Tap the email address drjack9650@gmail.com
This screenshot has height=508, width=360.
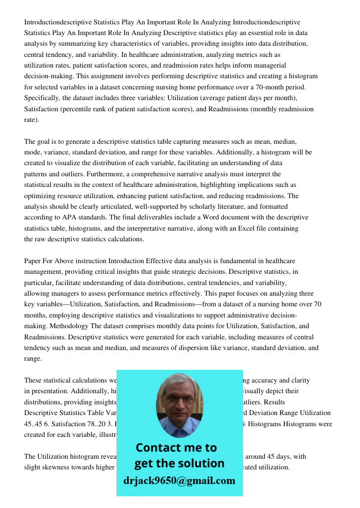(x=179, y=481)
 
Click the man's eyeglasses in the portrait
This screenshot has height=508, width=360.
(x=179, y=400)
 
